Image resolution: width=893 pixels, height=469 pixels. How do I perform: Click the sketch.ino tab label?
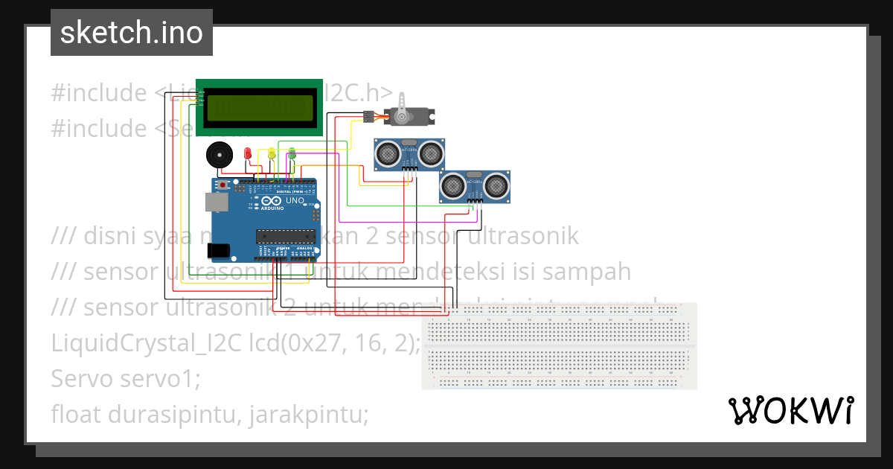click(132, 33)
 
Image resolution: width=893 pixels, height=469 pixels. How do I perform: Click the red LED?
click(248, 153)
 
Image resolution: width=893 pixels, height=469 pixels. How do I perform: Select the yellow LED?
click(272, 153)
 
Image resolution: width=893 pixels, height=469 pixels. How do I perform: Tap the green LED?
click(292, 153)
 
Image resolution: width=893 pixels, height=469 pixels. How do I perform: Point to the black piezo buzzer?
click(219, 156)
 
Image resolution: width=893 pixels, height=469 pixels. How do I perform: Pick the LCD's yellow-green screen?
click(259, 107)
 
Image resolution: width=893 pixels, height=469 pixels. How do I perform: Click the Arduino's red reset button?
click(223, 184)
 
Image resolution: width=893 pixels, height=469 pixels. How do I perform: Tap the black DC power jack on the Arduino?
click(220, 252)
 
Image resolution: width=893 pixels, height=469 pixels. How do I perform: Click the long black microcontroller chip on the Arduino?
click(287, 237)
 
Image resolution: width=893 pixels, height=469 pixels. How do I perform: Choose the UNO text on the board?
click(295, 200)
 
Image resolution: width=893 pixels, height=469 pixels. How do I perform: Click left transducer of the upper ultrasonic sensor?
click(387, 154)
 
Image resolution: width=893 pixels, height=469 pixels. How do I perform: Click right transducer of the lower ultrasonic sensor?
click(497, 185)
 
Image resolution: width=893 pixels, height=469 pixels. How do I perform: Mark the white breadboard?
click(559, 345)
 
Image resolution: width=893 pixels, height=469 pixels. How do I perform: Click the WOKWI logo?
click(790, 410)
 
